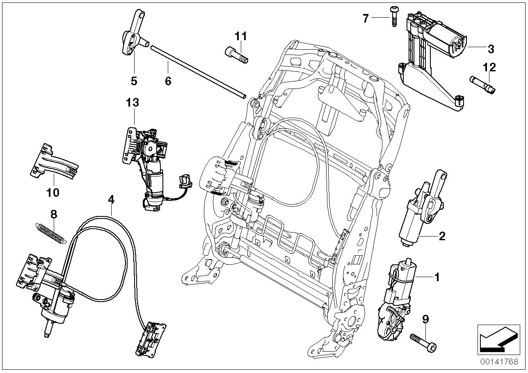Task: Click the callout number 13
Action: pyautogui.click(x=133, y=102)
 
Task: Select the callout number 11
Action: pyautogui.click(x=241, y=36)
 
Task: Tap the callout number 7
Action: pyautogui.click(x=366, y=18)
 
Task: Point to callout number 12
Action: pyautogui.click(x=489, y=67)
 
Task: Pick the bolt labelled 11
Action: pyautogui.click(x=236, y=55)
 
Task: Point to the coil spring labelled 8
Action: pyautogui.click(x=51, y=234)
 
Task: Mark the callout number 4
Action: pyautogui.click(x=111, y=200)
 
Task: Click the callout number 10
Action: pyautogui.click(x=53, y=193)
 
